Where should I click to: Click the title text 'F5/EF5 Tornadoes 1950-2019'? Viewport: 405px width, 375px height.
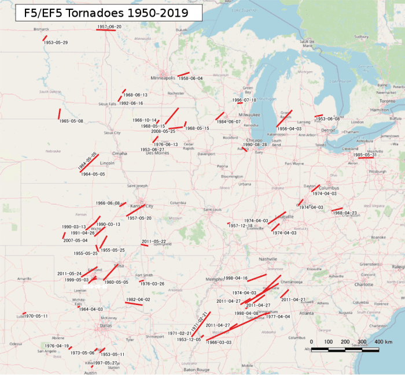[x=108, y=13]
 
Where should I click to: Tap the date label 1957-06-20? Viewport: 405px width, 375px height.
[x=109, y=27]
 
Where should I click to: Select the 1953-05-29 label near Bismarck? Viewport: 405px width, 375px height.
[x=56, y=43]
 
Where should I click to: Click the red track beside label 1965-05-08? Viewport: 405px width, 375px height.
[x=59, y=114]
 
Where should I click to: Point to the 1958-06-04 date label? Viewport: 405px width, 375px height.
[x=190, y=78]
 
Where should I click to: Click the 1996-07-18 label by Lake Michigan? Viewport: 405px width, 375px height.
[x=244, y=100]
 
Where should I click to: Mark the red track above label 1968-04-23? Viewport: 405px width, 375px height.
[x=336, y=210]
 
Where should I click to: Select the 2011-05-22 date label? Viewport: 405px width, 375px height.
[x=154, y=241]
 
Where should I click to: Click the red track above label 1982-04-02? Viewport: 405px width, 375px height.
[x=134, y=303]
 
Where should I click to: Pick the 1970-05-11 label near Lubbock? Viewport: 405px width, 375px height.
[x=35, y=316]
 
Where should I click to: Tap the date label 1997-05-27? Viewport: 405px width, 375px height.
[x=105, y=363]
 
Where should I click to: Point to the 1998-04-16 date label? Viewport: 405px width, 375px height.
[x=235, y=278]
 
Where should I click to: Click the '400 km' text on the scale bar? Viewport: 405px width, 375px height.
[x=384, y=342]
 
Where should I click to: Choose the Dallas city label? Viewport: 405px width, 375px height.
[x=105, y=326]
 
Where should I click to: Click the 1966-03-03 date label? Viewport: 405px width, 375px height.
[x=219, y=343]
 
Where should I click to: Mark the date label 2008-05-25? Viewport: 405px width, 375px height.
[x=163, y=131]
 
